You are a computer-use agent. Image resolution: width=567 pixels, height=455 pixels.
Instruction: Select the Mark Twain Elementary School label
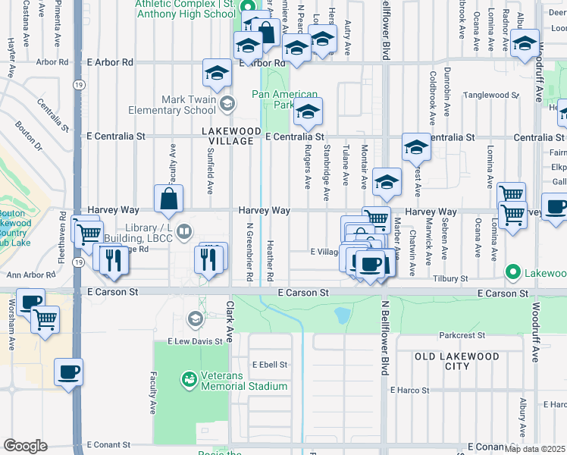coord(188,105)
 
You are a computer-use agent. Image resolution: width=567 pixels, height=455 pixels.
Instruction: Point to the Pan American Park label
coord(273,99)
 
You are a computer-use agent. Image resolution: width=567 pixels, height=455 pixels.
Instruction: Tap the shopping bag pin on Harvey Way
coord(168,200)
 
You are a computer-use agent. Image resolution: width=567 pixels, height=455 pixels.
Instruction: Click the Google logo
coord(24,445)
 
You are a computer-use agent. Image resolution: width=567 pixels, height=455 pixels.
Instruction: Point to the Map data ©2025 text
coord(534,449)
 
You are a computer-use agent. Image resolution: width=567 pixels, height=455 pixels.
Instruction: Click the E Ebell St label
coord(270,365)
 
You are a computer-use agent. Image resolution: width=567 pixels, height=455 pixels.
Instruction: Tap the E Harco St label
coord(409,391)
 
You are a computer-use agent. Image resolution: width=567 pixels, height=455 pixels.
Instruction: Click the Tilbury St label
coord(451,279)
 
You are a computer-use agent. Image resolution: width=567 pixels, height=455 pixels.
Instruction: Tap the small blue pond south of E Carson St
coord(342,314)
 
